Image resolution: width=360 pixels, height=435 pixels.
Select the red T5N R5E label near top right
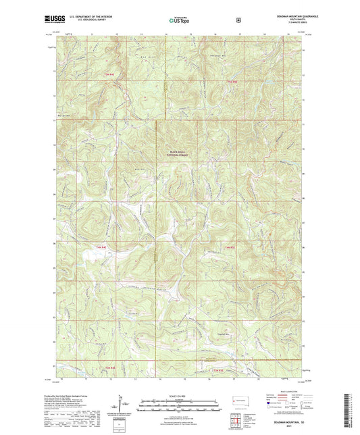coord(232,82)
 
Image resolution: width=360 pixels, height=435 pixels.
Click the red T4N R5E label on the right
coord(229,248)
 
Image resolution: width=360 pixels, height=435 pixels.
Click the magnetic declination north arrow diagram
coord(122,406)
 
